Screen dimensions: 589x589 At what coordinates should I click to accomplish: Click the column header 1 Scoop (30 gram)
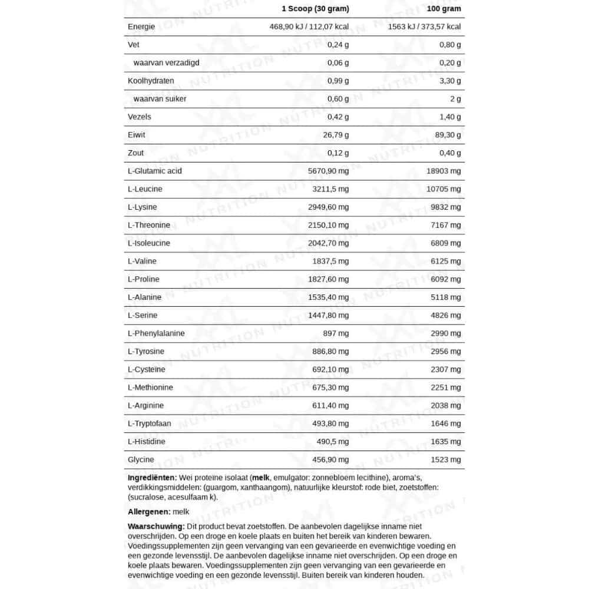316,9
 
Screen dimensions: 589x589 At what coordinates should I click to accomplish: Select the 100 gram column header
445,9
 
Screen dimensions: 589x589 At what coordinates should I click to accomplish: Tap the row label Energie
141,27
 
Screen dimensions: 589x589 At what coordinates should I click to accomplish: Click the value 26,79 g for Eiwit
336,135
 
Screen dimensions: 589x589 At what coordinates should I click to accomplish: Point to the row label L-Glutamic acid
154,171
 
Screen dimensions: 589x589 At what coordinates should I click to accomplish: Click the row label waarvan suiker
160,99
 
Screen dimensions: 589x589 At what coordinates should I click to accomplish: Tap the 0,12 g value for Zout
338,153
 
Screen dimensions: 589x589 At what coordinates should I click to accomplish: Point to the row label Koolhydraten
151,81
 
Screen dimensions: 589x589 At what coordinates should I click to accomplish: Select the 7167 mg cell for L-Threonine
448,225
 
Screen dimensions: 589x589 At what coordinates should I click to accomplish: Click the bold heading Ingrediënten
151,478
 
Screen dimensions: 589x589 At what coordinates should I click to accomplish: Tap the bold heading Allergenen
149,512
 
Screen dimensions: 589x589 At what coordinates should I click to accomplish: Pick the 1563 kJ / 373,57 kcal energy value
425,27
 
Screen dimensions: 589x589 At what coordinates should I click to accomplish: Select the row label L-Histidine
146,442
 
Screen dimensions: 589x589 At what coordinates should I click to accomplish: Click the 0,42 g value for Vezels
338,117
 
